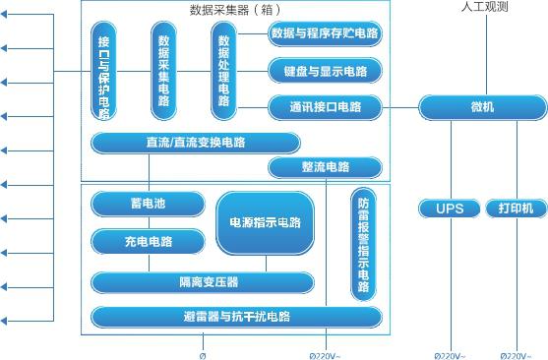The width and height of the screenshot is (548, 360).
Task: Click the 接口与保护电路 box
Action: point(103,71)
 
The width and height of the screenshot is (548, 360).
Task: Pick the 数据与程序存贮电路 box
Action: point(326,33)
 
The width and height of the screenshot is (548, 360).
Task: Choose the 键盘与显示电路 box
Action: point(326,71)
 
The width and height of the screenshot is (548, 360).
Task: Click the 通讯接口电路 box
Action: point(326,105)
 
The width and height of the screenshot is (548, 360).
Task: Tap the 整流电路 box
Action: point(326,166)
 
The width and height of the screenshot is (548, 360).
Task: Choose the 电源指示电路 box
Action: point(265,223)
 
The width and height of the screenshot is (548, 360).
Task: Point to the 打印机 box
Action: point(516,209)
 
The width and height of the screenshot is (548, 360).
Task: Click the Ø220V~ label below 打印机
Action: point(516,354)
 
